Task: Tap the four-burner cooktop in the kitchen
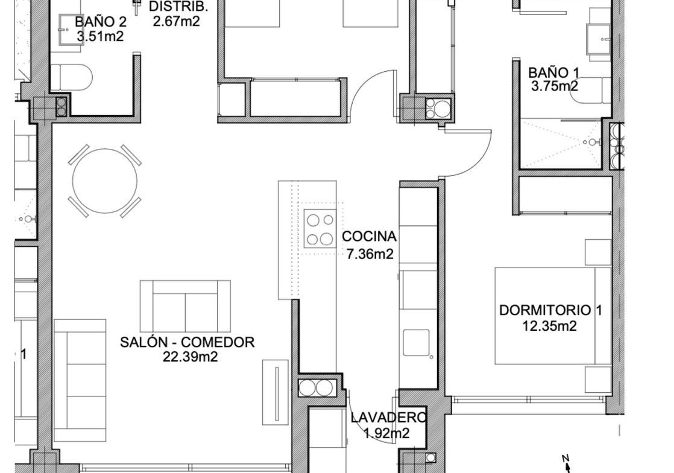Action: tap(320, 228)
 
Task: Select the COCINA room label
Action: tap(369, 236)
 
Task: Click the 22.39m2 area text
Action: tap(190, 357)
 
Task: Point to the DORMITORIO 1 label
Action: tap(550, 310)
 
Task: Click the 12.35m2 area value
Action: tap(549, 326)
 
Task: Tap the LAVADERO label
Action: tap(389, 417)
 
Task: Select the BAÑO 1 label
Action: tap(553, 72)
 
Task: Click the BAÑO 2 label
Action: tap(101, 22)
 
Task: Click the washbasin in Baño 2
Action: tap(70, 29)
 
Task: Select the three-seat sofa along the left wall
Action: tap(80, 381)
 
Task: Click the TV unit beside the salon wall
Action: tap(276, 392)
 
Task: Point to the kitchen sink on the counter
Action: tap(416, 342)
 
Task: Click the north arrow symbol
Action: tap(567, 464)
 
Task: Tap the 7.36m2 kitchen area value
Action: tap(370, 254)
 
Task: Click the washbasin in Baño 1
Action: tap(599, 39)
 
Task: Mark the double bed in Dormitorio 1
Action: tap(553, 316)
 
